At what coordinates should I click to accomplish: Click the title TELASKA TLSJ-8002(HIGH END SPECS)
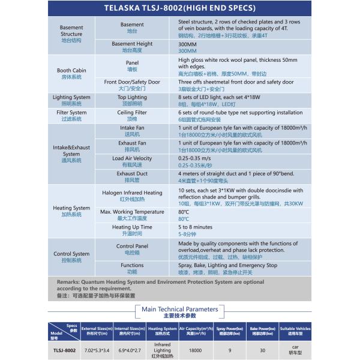179,10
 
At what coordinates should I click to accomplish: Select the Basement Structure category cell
71,34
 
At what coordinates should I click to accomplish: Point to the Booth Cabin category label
71,74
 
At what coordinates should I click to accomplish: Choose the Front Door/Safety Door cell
132,85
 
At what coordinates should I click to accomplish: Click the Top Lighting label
132,100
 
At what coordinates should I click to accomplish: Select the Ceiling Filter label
132,115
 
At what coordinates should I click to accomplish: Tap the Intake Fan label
132,131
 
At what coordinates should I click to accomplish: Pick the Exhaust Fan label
132,146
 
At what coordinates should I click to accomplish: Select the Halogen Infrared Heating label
132,196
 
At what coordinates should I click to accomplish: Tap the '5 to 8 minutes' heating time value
195,227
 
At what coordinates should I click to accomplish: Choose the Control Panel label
132,249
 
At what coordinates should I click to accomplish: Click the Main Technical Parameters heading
179,310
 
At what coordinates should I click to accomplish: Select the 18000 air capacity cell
195,350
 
